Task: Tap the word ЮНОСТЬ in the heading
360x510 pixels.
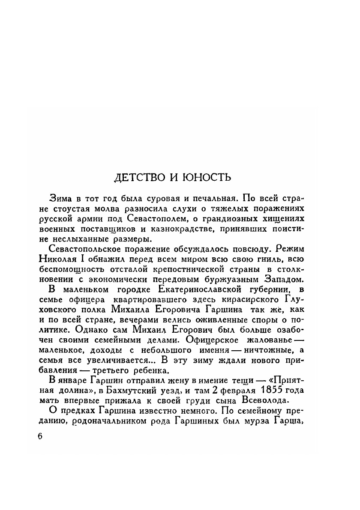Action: coord(209,177)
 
